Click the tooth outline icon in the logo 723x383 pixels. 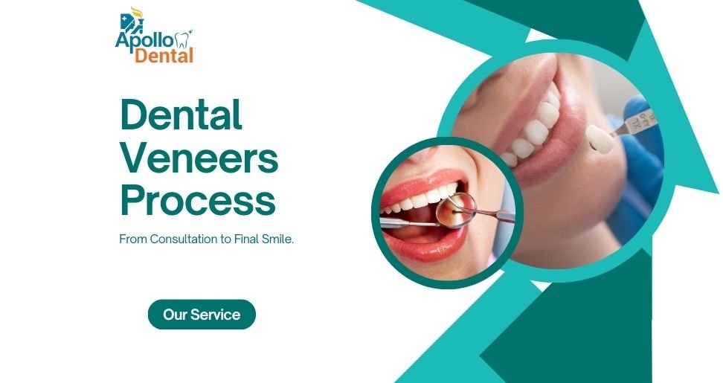181,39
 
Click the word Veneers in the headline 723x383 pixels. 199,158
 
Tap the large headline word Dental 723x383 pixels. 181,116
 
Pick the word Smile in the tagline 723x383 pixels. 277,239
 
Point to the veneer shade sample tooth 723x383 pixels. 600,139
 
